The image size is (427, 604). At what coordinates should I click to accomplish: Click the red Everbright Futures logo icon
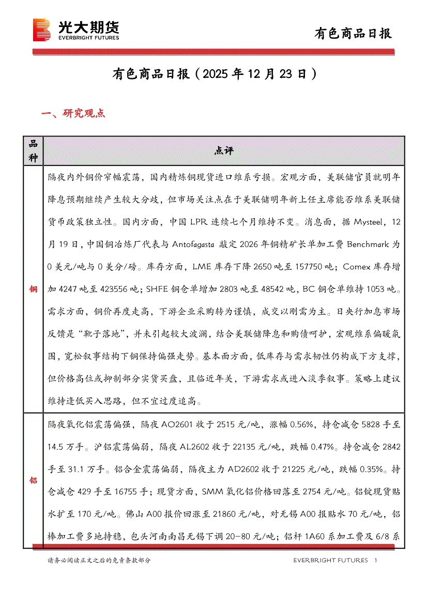pos(41,30)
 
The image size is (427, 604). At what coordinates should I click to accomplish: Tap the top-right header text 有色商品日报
pos(354,34)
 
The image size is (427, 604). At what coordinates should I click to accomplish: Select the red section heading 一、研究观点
pos(73,114)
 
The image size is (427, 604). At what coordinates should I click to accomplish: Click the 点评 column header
pos(224,151)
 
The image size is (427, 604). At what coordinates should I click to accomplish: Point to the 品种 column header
pos(33,151)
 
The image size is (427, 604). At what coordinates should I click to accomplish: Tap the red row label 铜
pos(33,289)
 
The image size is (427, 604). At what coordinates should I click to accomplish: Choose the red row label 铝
pos(33,481)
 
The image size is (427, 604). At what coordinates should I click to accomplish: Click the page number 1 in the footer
pos(375,561)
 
